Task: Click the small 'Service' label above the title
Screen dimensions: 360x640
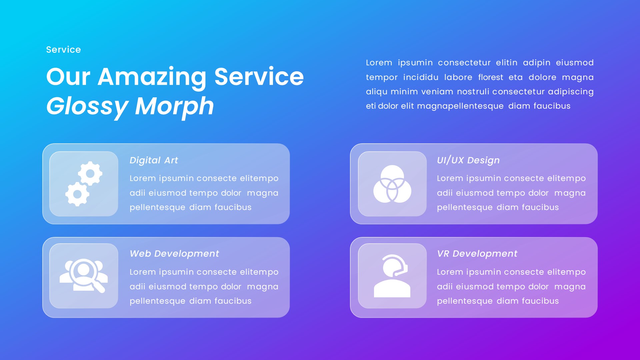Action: click(x=63, y=50)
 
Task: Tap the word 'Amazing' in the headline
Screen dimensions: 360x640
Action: click(x=152, y=77)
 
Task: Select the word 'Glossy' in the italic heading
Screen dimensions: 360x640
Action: click(x=87, y=106)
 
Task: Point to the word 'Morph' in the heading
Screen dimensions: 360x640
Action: click(x=174, y=106)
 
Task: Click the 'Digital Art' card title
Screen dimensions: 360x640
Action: click(x=154, y=160)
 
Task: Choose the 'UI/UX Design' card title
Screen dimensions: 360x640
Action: click(x=468, y=160)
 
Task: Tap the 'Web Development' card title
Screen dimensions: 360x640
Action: click(x=174, y=254)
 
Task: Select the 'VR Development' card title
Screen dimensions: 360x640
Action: click(x=477, y=254)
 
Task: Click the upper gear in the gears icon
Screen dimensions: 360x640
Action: click(x=90, y=173)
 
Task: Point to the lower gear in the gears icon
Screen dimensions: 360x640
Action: click(x=77, y=194)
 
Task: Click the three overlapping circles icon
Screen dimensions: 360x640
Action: click(x=392, y=184)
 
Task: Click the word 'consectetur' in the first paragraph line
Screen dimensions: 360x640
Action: click(x=464, y=63)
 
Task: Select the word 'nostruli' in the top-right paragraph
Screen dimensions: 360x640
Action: click(x=473, y=92)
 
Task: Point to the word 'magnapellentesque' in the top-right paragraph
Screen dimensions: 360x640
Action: click(x=460, y=106)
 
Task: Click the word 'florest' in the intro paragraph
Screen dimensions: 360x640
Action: click(x=491, y=77)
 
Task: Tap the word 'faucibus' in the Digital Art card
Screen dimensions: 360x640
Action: click(x=233, y=207)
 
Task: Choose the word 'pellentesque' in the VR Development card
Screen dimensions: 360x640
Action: click(x=465, y=301)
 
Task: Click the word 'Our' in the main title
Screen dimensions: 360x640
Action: click(x=68, y=77)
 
